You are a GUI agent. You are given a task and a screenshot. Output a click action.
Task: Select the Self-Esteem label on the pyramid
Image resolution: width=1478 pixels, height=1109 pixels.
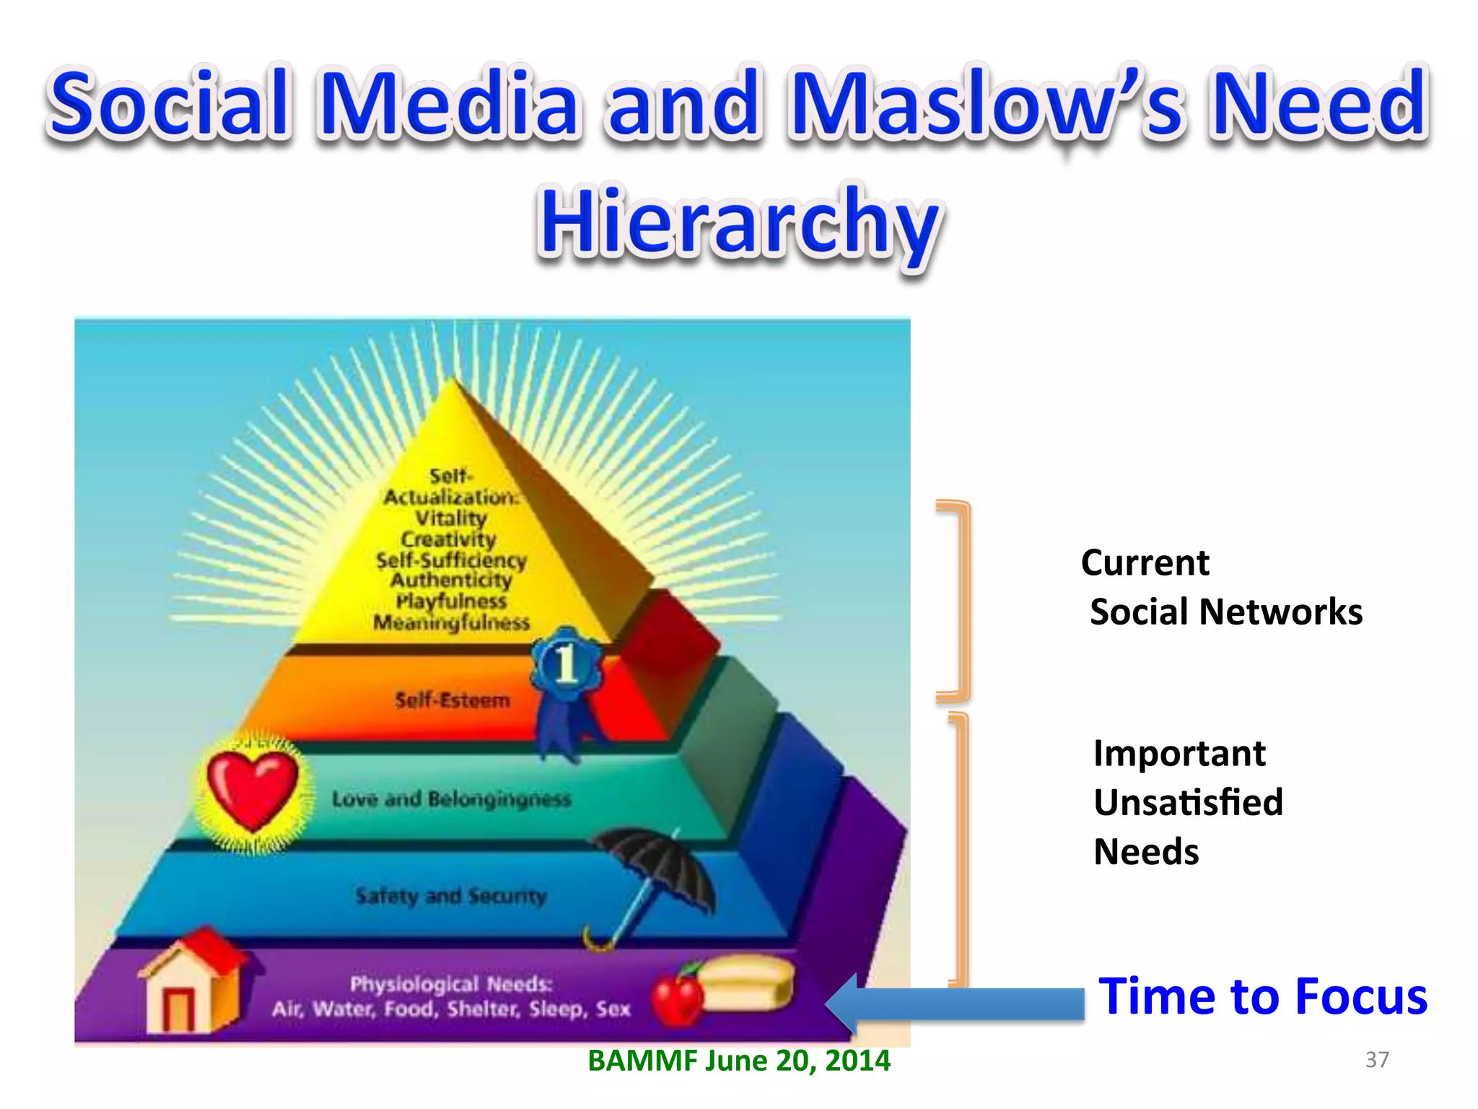click(x=452, y=700)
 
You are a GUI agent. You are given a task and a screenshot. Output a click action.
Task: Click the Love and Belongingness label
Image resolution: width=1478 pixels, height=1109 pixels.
click(x=451, y=799)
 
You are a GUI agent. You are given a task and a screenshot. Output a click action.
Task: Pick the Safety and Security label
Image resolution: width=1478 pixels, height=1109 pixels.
click(x=451, y=896)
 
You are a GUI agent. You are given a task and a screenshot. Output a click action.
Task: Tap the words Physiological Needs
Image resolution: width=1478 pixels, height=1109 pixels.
click(x=451, y=984)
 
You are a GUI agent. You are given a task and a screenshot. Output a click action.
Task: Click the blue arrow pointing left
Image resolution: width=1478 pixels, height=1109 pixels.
click(x=953, y=1004)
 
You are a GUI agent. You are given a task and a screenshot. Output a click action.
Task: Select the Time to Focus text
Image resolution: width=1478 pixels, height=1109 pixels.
click(x=1262, y=996)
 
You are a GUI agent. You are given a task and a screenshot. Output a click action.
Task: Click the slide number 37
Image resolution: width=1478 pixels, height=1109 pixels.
click(x=1377, y=1059)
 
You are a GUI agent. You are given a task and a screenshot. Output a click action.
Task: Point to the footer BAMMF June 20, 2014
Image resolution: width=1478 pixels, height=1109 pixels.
click(x=739, y=1061)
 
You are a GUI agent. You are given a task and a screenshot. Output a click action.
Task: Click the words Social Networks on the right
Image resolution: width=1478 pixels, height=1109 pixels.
click(x=1225, y=612)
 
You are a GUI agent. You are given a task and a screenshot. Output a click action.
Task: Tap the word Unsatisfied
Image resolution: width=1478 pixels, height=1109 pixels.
click(x=1188, y=802)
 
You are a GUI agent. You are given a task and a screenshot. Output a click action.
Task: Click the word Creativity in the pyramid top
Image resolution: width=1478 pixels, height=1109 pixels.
click(x=449, y=539)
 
